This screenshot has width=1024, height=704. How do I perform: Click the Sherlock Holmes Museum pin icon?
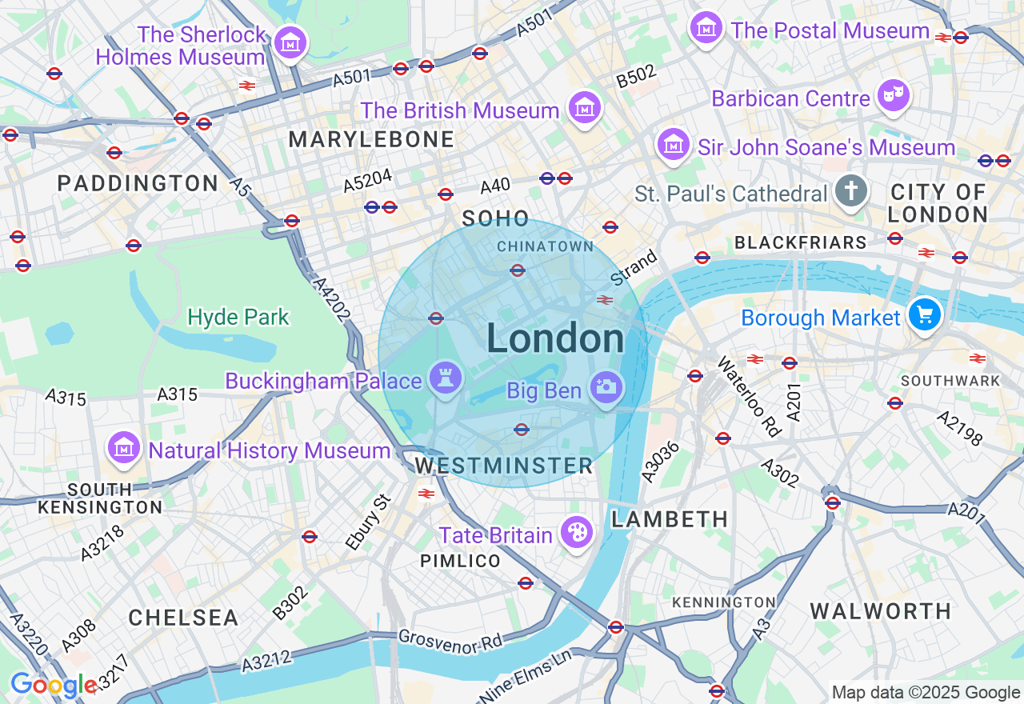click(x=290, y=43)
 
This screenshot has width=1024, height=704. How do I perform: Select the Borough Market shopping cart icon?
click(x=925, y=314)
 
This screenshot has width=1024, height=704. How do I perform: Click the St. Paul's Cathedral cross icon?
click(x=851, y=192)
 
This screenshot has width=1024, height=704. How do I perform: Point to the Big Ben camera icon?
click(x=606, y=388)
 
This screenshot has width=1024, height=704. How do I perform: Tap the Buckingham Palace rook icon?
click(x=445, y=378)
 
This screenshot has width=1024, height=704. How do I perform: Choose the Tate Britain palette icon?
click(x=576, y=533)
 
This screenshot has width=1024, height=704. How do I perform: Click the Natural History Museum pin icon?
click(x=124, y=449)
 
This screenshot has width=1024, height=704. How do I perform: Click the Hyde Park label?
click(x=238, y=318)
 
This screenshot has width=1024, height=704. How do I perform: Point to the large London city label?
click(x=555, y=339)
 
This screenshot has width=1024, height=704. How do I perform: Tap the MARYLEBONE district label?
click(x=371, y=140)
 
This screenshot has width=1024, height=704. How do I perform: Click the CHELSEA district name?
click(x=183, y=618)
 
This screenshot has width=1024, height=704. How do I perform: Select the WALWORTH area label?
click(x=880, y=611)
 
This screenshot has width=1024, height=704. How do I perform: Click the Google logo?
click(x=54, y=686)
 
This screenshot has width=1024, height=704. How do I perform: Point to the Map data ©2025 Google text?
click(x=926, y=693)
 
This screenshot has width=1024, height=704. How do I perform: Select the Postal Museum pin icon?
click(x=706, y=29)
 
